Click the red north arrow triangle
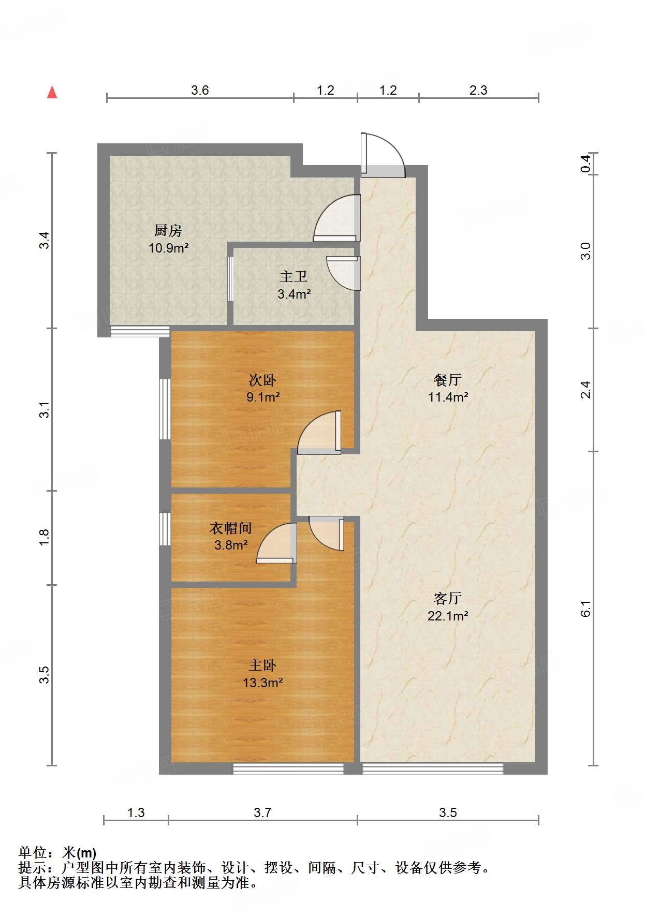52,92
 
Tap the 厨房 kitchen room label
168,230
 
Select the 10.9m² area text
168,248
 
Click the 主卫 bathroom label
294,277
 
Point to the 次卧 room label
262,380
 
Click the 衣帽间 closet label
230,528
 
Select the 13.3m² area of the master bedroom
262,683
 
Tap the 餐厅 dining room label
448,380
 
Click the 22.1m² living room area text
448,616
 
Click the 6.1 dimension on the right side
585,609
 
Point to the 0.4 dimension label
585,164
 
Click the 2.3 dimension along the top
478,90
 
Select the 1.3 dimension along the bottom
136,812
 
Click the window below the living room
432,769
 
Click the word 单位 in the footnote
32,853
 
